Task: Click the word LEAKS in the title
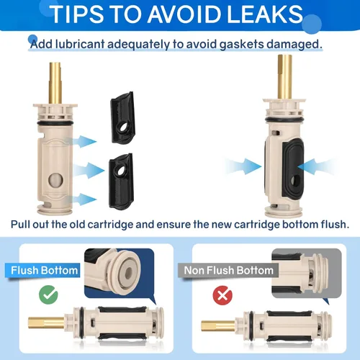point(265,14)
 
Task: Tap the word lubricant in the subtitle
point(80,45)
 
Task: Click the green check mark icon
point(48,294)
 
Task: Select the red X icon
point(222,295)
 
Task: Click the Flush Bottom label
point(45,271)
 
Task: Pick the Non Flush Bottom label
point(229,271)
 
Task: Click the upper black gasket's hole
point(124,127)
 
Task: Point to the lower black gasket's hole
point(122,170)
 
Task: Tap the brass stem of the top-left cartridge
point(55,83)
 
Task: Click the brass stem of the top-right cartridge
point(285,77)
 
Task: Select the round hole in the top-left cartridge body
point(55,181)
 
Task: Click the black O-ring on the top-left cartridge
point(55,123)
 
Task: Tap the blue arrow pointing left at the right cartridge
point(316,166)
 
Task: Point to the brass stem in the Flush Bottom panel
point(46,323)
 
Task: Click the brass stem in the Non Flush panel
point(218,326)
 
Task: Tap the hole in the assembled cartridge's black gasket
point(296,181)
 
